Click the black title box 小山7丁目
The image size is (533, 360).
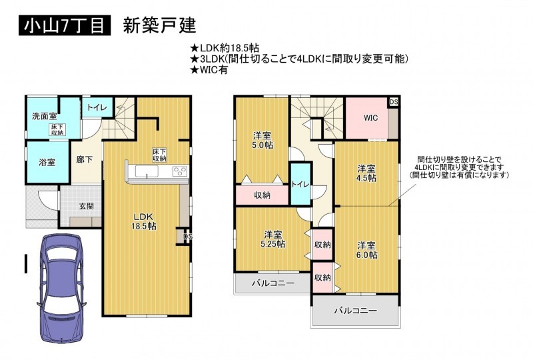pyautogui.click(x=65, y=25)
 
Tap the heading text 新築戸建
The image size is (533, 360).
pyautogui.click(x=159, y=25)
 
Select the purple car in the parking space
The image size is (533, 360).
pyautogui.click(x=62, y=288)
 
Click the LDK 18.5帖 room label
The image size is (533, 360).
pyautogui.click(x=144, y=221)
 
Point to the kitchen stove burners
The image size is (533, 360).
pyautogui.click(x=180, y=171)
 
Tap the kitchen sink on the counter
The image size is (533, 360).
pyautogui.click(x=147, y=171)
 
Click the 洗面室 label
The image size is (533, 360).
pyautogui.click(x=44, y=117)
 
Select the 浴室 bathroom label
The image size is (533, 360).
pyautogui.click(x=47, y=162)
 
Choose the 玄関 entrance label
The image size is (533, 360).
pyautogui.click(x=87, y=206)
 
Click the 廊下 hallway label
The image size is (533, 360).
pyautogui.click(x=85, y=159)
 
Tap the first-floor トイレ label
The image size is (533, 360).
pyautogui.click(x=97, y=107)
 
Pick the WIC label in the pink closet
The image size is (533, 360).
pyautogui.click(x=370, y=118)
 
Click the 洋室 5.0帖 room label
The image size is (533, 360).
pyautogui.click(x=263, y=140)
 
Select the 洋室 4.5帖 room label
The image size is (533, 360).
pyautogui.click(x=366, y=173)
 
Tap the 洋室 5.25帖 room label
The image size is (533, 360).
pyautogui.click(x=272, y=239)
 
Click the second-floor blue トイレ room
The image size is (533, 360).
pyautogui.click(x=300, y=184)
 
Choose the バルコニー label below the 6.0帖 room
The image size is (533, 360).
pyautogui.click(x=355, y=311)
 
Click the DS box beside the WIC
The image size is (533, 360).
pyautogui.click(x=394, y=102)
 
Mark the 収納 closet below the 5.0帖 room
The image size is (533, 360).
pyautogui.click(x=262, y=195)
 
